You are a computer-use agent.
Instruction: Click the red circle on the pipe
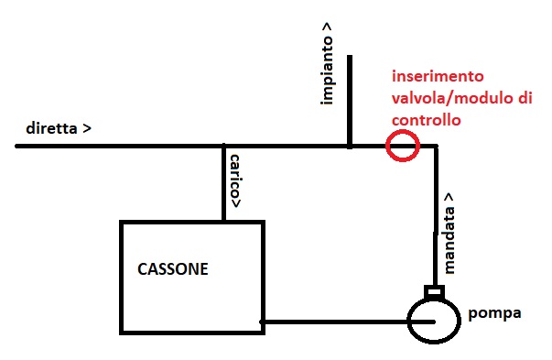click(x=402, y=146)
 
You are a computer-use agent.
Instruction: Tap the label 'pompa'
click(x=494, y=312)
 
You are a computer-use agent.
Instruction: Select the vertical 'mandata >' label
click(x=449, y=233)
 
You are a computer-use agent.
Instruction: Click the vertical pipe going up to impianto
click(x=349, y=92)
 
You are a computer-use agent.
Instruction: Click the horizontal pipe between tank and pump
click(x=334, y=322)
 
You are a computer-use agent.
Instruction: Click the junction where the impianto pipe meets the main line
click(x=349, y=146)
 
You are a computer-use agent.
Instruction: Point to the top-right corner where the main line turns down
click(x=436, y=147)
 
